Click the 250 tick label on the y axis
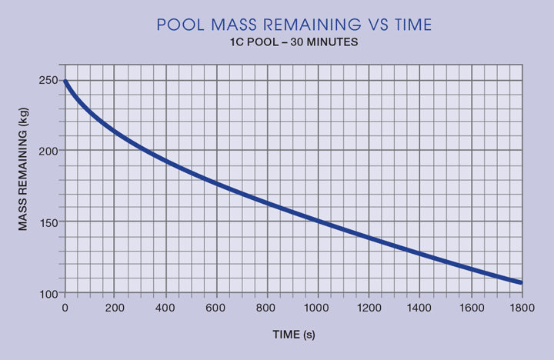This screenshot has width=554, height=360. pyautogui.click(x=48, y=80)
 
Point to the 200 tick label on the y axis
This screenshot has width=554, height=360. pyautogui.click(x=48, y=151)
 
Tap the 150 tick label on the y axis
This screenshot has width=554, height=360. pyautogui.click(x=48, y=222)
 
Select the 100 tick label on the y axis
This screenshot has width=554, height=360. pyautogui.click(x=48, y=293)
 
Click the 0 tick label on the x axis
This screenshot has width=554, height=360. pyautogui.click(x=65, y=308)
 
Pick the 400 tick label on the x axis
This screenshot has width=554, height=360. pyautogui.click(x=166, y=308)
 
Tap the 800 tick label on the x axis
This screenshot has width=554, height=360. pyautogui.click(x=268, y=308)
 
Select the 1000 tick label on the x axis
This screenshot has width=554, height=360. pyautogui.click(x=318, y=308)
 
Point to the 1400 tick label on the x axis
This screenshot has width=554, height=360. pyautogui.click(x=419, y=308)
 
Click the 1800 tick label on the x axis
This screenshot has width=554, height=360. pyautogui.click(x=521, y=308)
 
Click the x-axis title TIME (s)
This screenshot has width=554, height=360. pyautogui.click(x=293, y=335)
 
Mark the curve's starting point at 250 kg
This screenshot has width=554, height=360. pyautogui.click(x=65, y=80)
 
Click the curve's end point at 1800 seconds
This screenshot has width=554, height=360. pyautogui.click(x=521, y=283)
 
